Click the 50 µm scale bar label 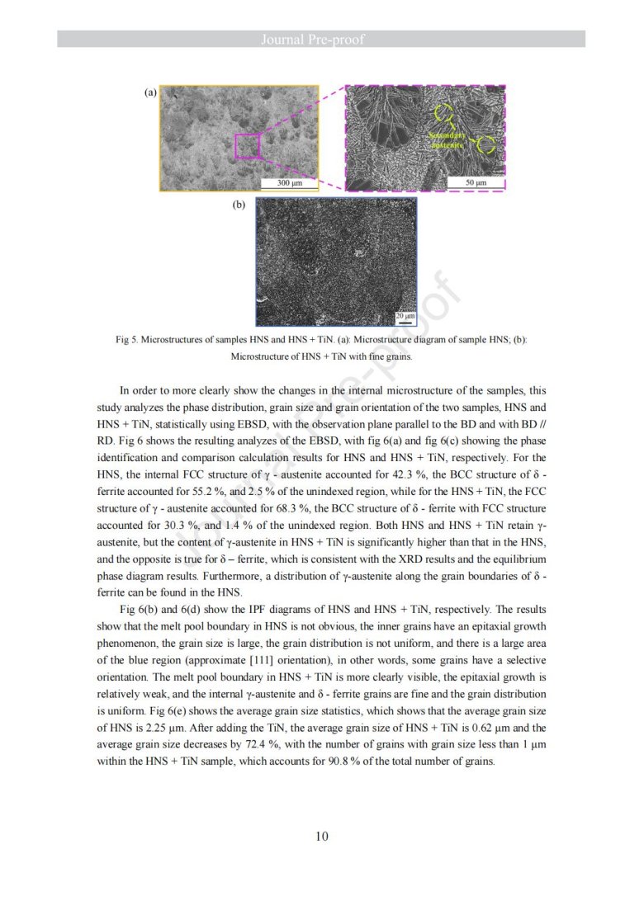476,182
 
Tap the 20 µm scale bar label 405,316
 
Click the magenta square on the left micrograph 248,146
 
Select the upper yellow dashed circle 444,114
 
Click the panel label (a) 150,93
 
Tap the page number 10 321,837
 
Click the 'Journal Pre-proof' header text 321,39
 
